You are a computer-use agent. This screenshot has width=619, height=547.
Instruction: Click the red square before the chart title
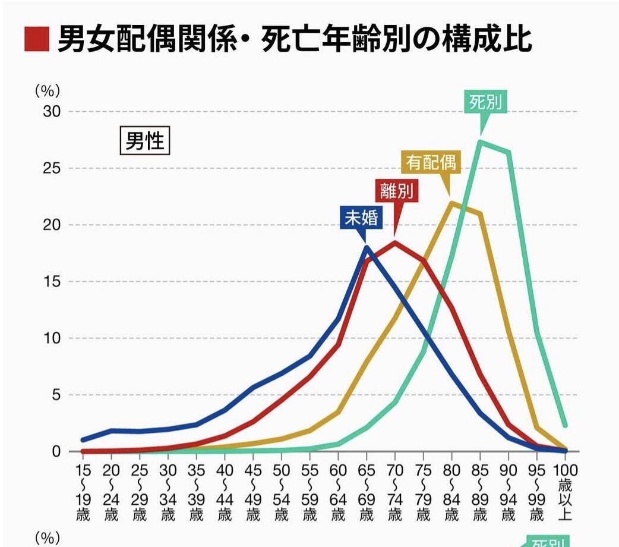[x=36, y=40]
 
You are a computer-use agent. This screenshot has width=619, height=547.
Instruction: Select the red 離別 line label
[x=396, y=191]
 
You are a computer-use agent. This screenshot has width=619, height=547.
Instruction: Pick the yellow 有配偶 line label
[x=432, y=162]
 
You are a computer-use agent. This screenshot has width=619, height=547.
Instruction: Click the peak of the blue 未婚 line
[x=367, y=247]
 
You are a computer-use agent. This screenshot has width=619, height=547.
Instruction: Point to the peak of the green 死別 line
[x=481, y=142]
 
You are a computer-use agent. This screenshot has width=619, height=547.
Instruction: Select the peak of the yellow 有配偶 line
[x=452, y=203]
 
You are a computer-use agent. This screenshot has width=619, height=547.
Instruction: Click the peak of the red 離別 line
[x=395, y=242]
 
